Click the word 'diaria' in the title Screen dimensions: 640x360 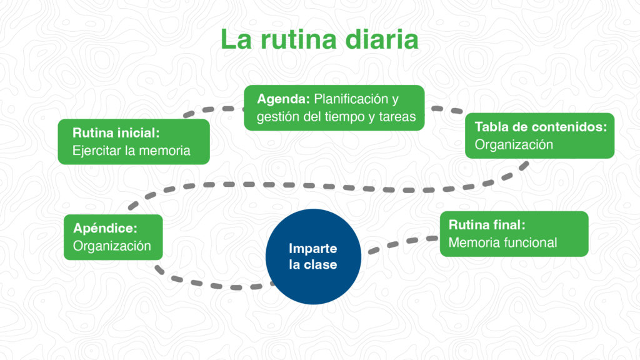point(382,39)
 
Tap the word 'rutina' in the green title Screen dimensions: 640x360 point(299,39)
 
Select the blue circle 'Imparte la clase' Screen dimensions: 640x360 point(313,256)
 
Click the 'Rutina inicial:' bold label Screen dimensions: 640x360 point(116,132)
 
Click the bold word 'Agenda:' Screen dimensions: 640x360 point(283,99)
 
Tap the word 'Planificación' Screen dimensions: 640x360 point(351,99)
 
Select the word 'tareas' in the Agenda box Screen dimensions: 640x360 point(397,117)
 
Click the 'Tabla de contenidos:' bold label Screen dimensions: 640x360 point(541,126)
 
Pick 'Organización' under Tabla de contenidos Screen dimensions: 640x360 point(514,144)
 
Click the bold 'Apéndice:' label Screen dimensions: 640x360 point(105,227)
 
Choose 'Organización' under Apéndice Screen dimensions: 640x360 point(112,246)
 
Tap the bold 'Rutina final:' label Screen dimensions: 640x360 point(487,224)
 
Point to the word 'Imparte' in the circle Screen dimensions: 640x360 point(313,248)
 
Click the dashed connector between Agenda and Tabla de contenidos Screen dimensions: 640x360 point(447,109)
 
